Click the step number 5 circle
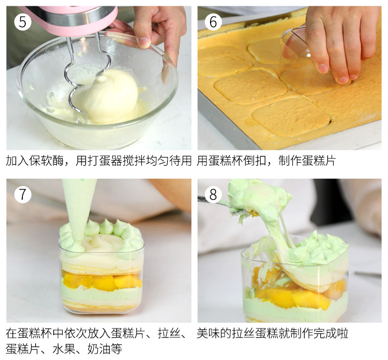pyautogui.click(x=23, y=22)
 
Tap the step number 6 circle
pyautogui.click(x=213, y=22)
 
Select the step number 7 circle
pyautogui.click(x=23, y=194)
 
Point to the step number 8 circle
pyautogui.click(x=213, y=194)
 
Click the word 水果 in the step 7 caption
pyautogui.click(x=64, y=349)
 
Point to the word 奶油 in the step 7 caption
pyautogui.click(x=99, y=349)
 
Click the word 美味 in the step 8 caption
pyautogui.click(x=208, y=333)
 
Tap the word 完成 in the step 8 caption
pyautogui.click(x=325, y=333)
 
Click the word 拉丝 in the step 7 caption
pyautogui.click(x=169, y=333)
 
